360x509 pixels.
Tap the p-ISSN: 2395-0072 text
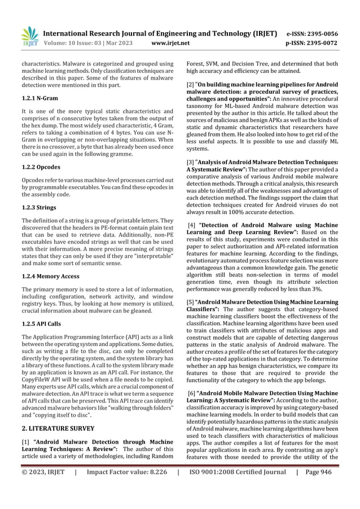pos(320,42)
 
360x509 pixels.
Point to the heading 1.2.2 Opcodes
pos(37,168)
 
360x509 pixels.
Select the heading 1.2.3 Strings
pos(36,208)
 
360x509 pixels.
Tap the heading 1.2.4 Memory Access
pos(47,277)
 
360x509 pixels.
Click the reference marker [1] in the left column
pos(23,441)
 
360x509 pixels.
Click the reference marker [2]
pos(190,85)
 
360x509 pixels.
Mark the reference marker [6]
pos(191,392)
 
